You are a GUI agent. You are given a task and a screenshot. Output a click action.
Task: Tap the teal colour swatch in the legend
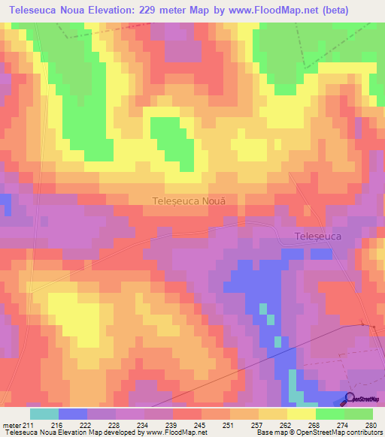[x=44, y=413]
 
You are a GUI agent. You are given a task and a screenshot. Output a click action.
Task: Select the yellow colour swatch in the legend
[x=302, y=413]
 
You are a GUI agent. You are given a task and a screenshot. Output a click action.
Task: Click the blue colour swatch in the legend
[x=73, y=413]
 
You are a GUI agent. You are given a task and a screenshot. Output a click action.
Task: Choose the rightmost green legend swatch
[x=359, y=413]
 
